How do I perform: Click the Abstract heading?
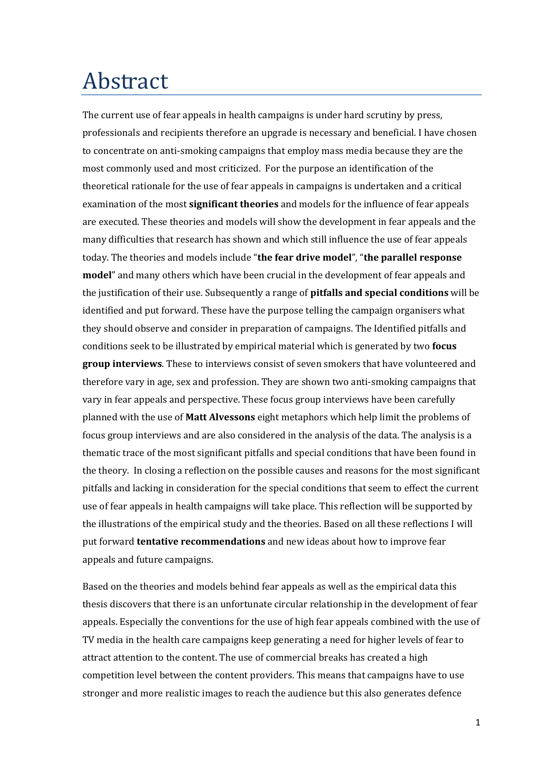(125, 81)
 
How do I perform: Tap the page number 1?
(478, 722)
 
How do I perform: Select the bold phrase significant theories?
(234, 204)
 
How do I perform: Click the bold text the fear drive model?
(304, 258)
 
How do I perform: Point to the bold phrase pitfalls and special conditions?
(379, 293)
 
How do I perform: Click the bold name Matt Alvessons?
(220, 417)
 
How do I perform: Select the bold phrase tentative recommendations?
(201, 542)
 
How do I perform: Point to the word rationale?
(150, 186)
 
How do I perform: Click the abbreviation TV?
(88, 640)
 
